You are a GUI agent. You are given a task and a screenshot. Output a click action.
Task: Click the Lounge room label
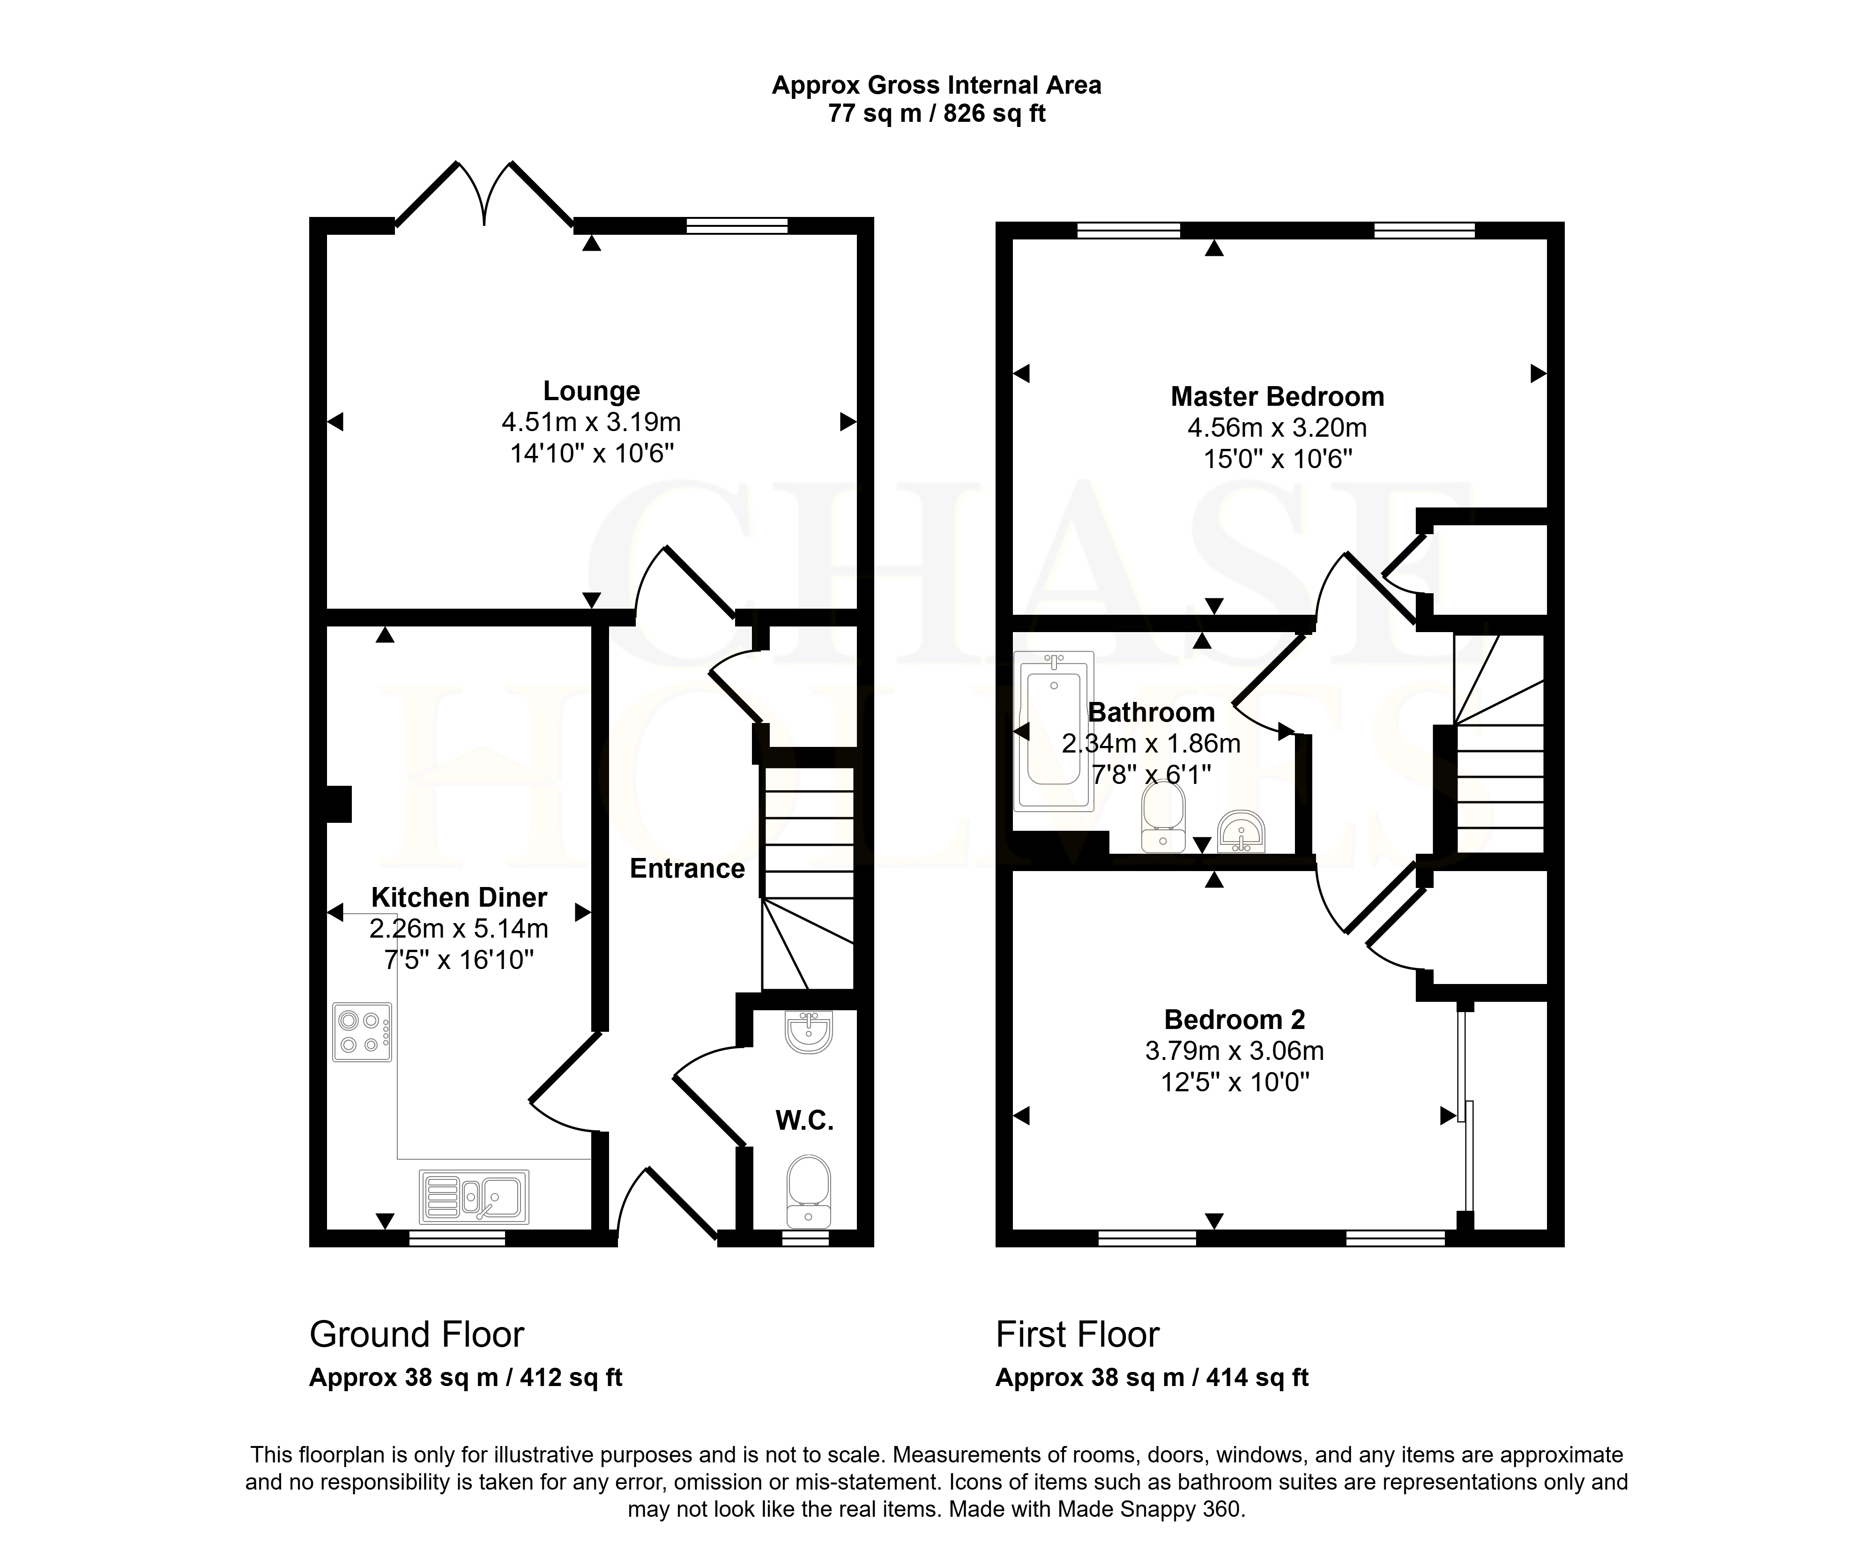click(x=592, y=391)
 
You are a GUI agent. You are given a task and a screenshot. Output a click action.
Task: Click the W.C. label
click(x=804, y=1121)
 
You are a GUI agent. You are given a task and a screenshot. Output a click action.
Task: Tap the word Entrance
click(x=687, y=868)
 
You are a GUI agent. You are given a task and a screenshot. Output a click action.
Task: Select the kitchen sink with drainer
click(x=474, y=1197)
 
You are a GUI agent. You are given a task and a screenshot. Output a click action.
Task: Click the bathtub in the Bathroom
click(x=1054, y=731)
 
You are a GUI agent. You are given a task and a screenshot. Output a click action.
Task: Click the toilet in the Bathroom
click(x=1164, y=816)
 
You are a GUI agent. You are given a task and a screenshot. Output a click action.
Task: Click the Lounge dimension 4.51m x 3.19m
click(x=592, y=422)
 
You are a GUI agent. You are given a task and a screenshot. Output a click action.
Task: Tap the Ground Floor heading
click(x=417, y=1335)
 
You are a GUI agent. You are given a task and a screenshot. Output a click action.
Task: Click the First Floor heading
click(x=1077, y=1335)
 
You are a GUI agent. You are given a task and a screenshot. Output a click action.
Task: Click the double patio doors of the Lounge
click(x=484, y=194)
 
